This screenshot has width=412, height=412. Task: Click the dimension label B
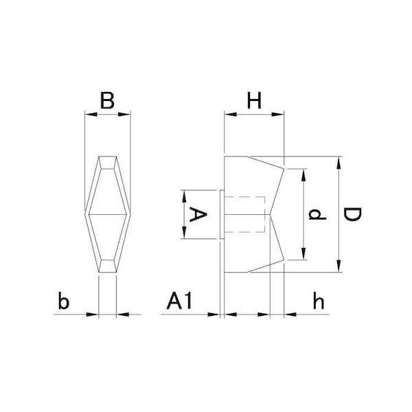coord(107,100)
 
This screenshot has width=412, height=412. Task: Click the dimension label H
coord(254,100)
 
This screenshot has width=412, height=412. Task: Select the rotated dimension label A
coord(198,214)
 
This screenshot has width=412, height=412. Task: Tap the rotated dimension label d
coord(317,214)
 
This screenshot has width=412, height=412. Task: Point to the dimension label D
coord(353,214)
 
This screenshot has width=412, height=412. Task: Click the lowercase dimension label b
coord(64,300)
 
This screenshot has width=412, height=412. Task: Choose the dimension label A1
coord(179,301)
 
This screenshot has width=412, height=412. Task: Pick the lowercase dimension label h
coord(319,300)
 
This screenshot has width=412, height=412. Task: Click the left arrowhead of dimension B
coord(91,114)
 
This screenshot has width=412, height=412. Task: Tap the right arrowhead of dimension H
coord(278,114)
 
